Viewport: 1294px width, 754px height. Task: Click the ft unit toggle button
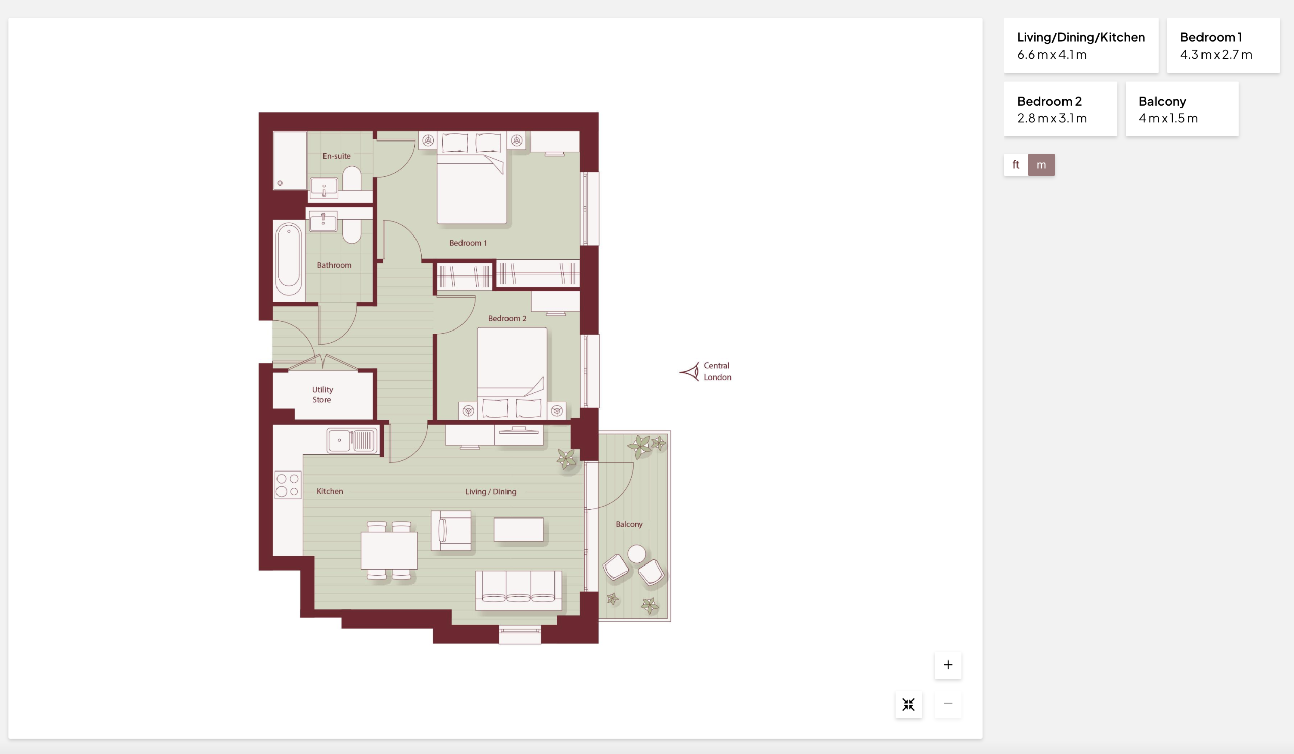pyautogui.click(x=1015, y=165)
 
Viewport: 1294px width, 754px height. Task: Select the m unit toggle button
pyautogui.click(x=1041, y=165)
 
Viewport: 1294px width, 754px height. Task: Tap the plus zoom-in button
pyautogui.click(x=948, y=665)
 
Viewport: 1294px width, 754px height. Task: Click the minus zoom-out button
pyautogui.click(x=948, y=703)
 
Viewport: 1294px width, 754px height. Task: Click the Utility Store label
pyautogui.click(x=322, y=395)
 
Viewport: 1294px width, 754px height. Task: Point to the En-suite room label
pyautogui.click(x=337, y=156)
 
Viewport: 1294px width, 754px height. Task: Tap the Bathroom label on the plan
pyautogui.click(x=334, y=265)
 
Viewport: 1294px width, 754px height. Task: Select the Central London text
pyautogui.click(x=717, y=371)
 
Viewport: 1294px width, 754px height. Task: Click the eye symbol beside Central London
pyautogui.click(x=689, y=371)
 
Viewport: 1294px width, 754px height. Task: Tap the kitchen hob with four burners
pyautogui.click(x=288, y=485)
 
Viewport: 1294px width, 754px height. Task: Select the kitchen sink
pyautogui.click(x=352, y=440)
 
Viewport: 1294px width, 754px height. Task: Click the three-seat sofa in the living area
pyautogui.click(x=519, y=590)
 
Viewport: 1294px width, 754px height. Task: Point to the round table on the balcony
pyautogui.click(x=637, y=554)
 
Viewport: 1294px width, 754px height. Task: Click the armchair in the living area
pyautogui.click(x=451, y=531)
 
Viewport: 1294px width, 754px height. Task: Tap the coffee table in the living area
pyautogui.click(x=519, y=530)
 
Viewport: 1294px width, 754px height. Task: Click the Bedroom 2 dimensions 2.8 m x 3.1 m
pyautogui.click(x=1052, y=118)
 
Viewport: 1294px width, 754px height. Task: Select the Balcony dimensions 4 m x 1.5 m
pyautogui.click(x=1169, y=118)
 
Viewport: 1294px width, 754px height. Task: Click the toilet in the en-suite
pyautogui.click(x=352, y=178)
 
